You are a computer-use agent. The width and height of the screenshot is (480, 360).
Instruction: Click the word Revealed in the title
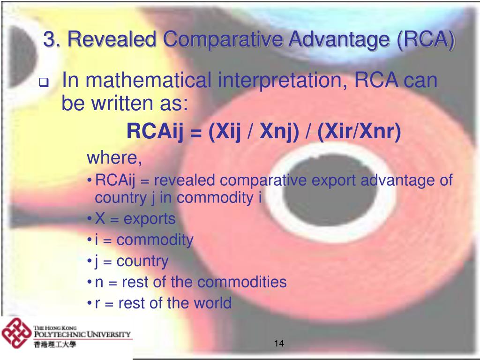point(112,39)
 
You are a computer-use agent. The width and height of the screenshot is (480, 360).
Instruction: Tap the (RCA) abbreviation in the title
point(426,40)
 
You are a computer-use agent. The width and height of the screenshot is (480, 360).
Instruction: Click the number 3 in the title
point(48,39)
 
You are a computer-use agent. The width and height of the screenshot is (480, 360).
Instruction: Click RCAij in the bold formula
point(155,132)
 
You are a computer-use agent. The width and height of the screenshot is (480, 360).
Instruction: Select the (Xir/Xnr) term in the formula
point(359,132)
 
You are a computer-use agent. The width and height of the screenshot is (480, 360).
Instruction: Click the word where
point(114,157)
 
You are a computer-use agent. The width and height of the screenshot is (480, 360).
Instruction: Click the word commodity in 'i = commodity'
point(155,240)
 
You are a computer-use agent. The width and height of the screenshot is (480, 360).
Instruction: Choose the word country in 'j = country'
point(142,262)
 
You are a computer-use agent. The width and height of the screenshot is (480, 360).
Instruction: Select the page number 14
point(279,343)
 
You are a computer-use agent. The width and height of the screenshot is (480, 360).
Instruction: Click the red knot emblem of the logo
point(16,333)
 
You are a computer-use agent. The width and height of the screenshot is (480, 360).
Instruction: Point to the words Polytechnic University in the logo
point(82,334)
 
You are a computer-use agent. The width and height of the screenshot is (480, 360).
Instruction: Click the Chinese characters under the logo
point(55,345)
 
